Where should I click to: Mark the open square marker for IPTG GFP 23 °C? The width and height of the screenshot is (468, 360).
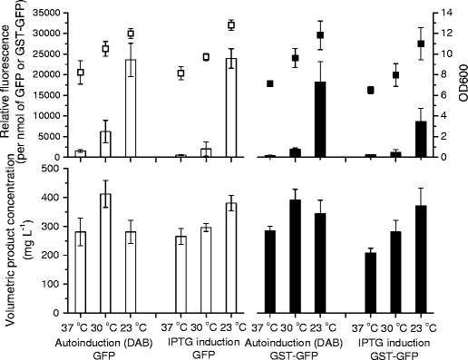point(231,24)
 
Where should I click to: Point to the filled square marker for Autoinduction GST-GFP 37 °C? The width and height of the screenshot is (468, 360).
point(270,83)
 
